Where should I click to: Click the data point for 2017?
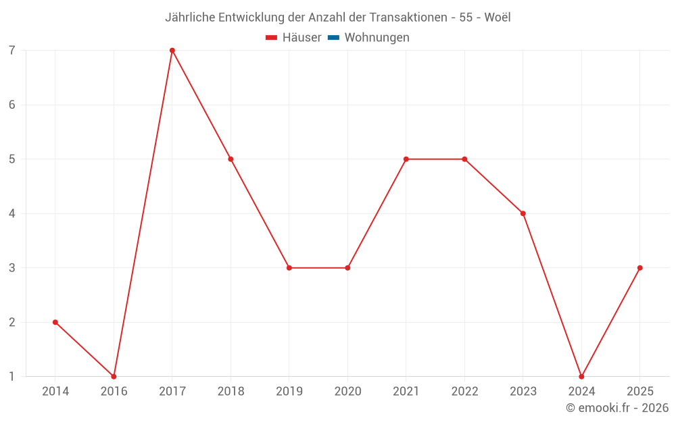[172, 50]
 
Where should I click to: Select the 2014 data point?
[55, 322]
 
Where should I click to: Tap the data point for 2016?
[114, 376]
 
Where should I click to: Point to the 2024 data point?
[581, 376]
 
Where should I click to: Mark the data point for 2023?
[523, 213]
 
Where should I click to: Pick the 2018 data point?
[231, 159]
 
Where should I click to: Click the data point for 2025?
[639, 268]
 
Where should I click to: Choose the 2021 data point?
[406, 159]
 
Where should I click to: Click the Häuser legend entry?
[301, 38]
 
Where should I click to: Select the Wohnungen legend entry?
[377, 38]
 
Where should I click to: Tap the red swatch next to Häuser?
[272, 38]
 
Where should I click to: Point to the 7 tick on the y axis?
[12, 51]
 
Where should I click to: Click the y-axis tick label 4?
[12, 213]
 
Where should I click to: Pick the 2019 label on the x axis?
[289, 392]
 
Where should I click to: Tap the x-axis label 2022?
[464, 392]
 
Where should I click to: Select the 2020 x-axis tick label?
[347, 392]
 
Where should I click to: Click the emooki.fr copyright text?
[617, 408]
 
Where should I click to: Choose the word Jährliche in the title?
[190, 18]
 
